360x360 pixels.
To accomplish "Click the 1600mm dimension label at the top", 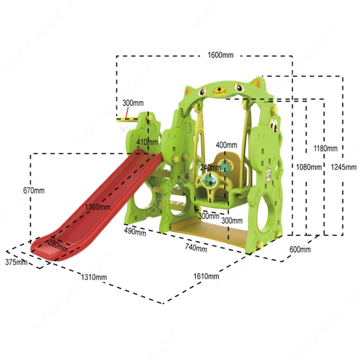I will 220,55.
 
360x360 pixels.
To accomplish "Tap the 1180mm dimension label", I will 325,148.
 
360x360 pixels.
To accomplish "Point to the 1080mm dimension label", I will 308,167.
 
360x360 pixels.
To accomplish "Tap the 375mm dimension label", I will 16,262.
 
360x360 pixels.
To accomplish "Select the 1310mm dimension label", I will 93,277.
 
